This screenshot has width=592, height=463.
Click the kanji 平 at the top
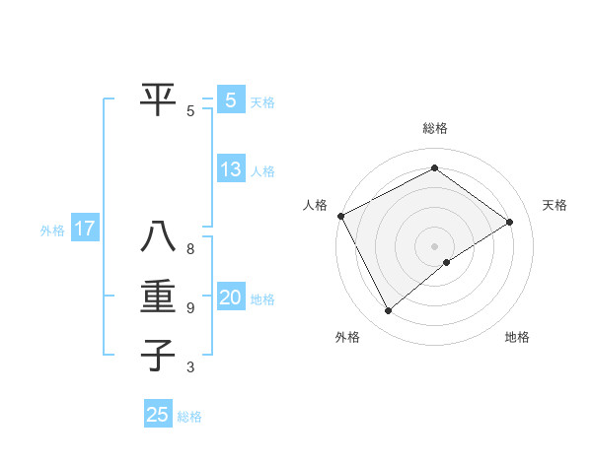(x=158, y=99)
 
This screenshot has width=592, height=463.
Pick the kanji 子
(x=158, y=354)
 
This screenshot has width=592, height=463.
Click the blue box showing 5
(x=230, y=100)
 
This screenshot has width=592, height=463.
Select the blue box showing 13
(x=230, y=169)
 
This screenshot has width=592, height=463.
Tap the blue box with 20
(x=230, y=298)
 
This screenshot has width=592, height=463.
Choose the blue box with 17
(x=84, y=230)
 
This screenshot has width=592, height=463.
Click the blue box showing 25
(x=158, y=415)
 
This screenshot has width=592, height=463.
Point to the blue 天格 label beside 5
(x=262, y=102)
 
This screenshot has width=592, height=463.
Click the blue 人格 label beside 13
(x=262, y=171)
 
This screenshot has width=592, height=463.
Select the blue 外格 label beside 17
(x=52, y=231)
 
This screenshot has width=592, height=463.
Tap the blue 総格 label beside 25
(x=190, y=417)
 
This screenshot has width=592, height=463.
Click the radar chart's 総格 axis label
(x=434, y=129)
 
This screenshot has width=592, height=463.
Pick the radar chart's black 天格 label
(x=555, y=205)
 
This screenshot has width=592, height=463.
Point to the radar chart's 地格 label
(x=517, y=337)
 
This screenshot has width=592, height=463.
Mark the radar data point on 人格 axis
(x=340, y=216)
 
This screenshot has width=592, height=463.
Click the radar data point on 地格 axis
(x=447, y=262)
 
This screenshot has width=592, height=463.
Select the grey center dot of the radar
(x=434, y=245)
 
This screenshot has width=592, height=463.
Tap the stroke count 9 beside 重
(x=190, y=308)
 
